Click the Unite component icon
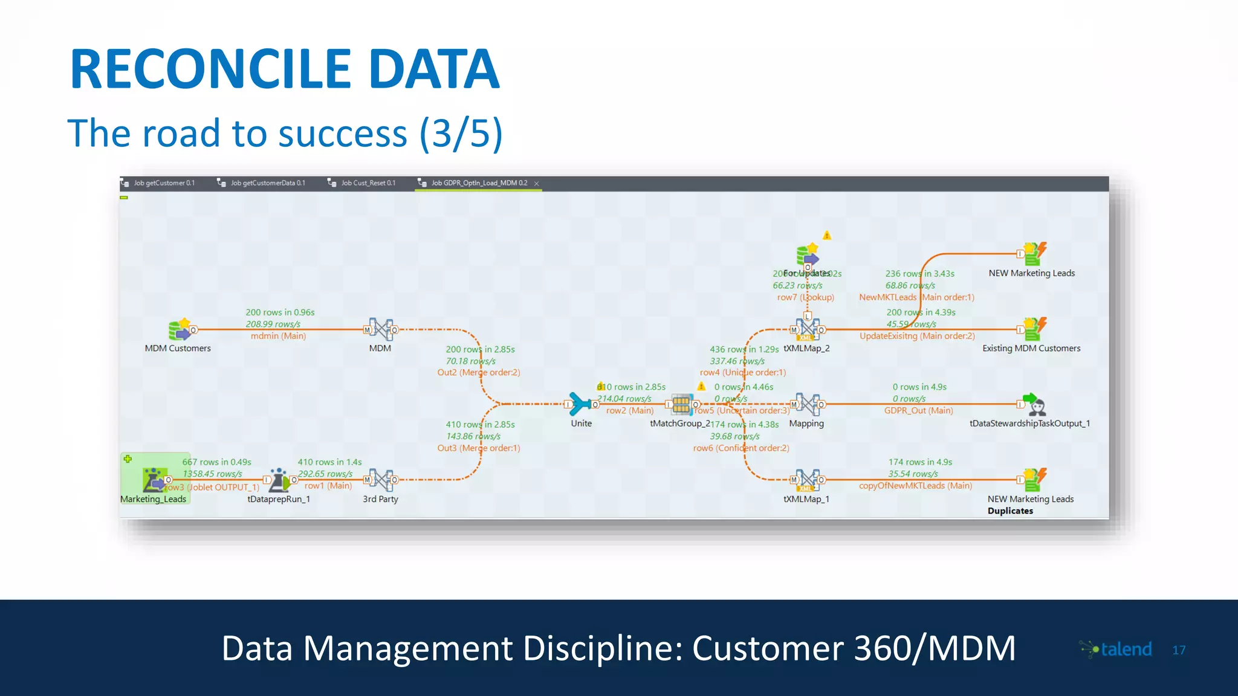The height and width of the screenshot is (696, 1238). (580, 404)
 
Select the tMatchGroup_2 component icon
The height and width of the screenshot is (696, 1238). (681, 404)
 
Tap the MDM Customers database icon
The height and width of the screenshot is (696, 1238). (180, 329)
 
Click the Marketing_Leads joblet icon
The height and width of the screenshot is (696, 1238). (154, 479)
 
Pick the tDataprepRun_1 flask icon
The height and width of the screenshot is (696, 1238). (279, 480)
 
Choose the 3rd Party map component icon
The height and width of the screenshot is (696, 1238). (381, 480)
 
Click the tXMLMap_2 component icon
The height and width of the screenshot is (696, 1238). (808, 330)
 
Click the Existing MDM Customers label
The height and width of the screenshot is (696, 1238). (1031, 349)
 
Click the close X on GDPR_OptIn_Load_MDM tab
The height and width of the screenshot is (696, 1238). (536, 184)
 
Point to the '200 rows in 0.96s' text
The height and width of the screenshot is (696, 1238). (280, 312)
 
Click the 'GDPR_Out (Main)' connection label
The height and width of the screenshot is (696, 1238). (918, 411)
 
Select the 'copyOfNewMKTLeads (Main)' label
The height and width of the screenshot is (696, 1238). (915, 486)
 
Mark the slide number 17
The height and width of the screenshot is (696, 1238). (1179, 650)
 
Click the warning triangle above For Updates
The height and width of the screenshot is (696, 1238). (827, 236)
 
